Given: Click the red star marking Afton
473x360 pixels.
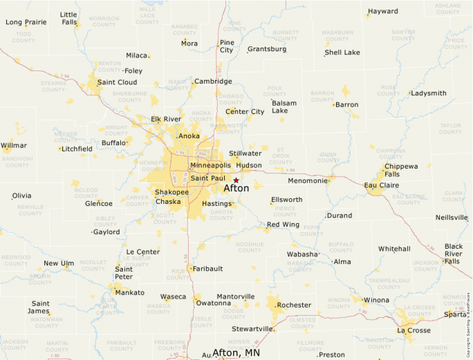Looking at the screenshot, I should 236,180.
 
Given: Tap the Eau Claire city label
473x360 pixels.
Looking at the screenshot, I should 382,185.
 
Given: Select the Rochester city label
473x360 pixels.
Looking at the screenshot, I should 294,305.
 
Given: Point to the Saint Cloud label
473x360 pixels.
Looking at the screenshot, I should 117,82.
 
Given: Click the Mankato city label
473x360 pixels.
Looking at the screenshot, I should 130,292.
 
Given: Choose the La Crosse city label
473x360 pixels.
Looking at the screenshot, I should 414,330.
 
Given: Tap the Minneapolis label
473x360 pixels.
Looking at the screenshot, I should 210,166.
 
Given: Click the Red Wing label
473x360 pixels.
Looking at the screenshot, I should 283,225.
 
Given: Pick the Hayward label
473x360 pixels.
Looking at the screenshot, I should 383,12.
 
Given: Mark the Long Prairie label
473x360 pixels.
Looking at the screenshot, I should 26,22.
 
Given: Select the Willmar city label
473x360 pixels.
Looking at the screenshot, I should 14,145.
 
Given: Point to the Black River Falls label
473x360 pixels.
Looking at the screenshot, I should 454,254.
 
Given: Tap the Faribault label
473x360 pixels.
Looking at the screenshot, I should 208,268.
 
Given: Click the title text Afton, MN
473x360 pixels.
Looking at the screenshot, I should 237,352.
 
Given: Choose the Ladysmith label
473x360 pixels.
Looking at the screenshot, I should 429,93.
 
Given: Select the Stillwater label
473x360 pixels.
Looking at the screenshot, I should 245,153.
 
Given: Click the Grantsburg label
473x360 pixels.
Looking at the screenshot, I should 267,49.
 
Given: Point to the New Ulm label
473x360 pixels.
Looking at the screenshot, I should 59,263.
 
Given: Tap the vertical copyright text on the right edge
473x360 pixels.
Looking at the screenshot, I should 469,318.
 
